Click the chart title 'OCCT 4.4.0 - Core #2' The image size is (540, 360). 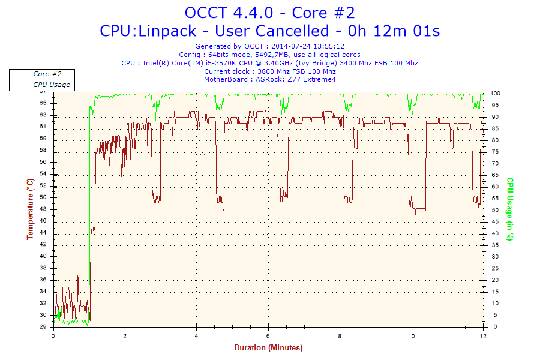[269, 13]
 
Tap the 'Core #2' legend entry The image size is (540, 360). [47, 74]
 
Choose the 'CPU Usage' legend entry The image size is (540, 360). [51, 85]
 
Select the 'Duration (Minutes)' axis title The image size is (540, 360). [268, 348]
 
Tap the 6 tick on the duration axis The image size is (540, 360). [268, 336]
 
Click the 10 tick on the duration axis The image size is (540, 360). [412, 336]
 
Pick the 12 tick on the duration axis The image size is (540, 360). [483, 336]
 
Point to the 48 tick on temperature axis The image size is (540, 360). [43, 221]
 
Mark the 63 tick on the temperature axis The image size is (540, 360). [43, 115]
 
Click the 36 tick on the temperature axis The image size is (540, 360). [43, 280]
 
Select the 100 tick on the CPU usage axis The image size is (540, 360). [496, 94]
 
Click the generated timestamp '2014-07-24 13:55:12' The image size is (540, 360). [308, 46]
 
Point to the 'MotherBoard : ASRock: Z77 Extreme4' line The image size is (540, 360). [269, 79]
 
